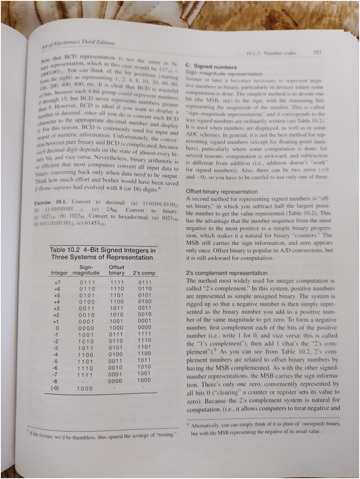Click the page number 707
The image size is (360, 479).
[x=317, y=52]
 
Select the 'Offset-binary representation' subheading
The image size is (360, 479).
[x=222, y=192]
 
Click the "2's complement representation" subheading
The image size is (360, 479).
[x=227, y=273]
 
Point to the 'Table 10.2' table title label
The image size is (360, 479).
[x=64, y=250]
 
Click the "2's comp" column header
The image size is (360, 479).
[x=144, y=273]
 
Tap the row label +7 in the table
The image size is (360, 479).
[x=57, y=282]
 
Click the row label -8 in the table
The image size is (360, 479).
[x=57, y=381]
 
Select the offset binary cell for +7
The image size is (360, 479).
[x=115, y=282]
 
